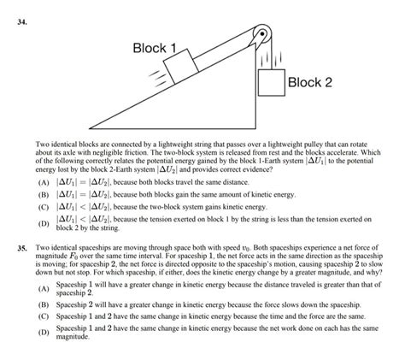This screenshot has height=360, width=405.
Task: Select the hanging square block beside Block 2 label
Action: [x=269, y=83]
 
